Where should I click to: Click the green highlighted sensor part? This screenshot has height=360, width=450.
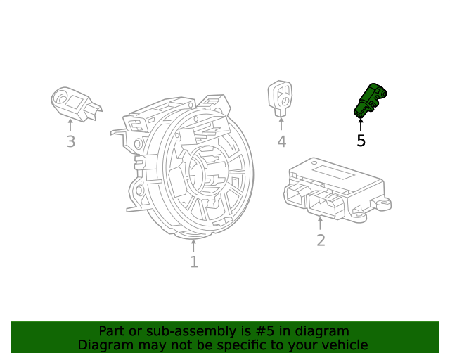[369, 100]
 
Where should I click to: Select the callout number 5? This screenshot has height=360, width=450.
[361, 141]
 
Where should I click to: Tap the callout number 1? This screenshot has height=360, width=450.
[193, 262]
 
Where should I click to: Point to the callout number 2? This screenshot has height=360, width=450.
[321, 240]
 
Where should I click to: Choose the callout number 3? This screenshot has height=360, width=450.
[70, 142]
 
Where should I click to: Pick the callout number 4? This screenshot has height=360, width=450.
[281, 142]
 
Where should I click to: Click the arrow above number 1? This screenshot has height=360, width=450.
[193, 245]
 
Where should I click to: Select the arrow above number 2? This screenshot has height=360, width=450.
[321, 224]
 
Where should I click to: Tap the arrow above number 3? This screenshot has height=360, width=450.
[70, 125]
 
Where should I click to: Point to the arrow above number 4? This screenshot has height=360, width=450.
[281, 124]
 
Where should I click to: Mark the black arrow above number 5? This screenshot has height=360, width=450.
[361, 124]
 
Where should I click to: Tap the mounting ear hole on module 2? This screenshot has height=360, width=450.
[384, 204]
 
